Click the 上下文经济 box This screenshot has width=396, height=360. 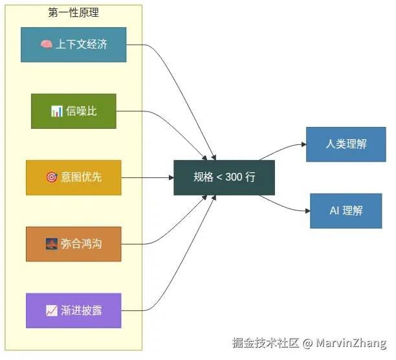point(73,45)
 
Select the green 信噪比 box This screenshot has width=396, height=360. point(73,111)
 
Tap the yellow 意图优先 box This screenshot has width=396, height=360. point(73,177)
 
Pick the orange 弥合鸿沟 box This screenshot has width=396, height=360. point(73,244)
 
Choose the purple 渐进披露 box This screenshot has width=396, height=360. point(73,311)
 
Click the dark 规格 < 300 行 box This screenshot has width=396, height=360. point(224,177)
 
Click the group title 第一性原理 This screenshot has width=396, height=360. point(73,13)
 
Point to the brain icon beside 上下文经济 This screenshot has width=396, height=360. point(46,45)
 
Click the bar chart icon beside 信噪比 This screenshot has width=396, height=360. point(56,111)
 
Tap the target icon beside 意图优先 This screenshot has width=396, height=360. point(51,177)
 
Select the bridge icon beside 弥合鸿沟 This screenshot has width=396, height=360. point(51,244)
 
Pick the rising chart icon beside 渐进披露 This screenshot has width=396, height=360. point(51,311)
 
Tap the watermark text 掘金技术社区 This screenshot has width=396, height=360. point(265,343)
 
